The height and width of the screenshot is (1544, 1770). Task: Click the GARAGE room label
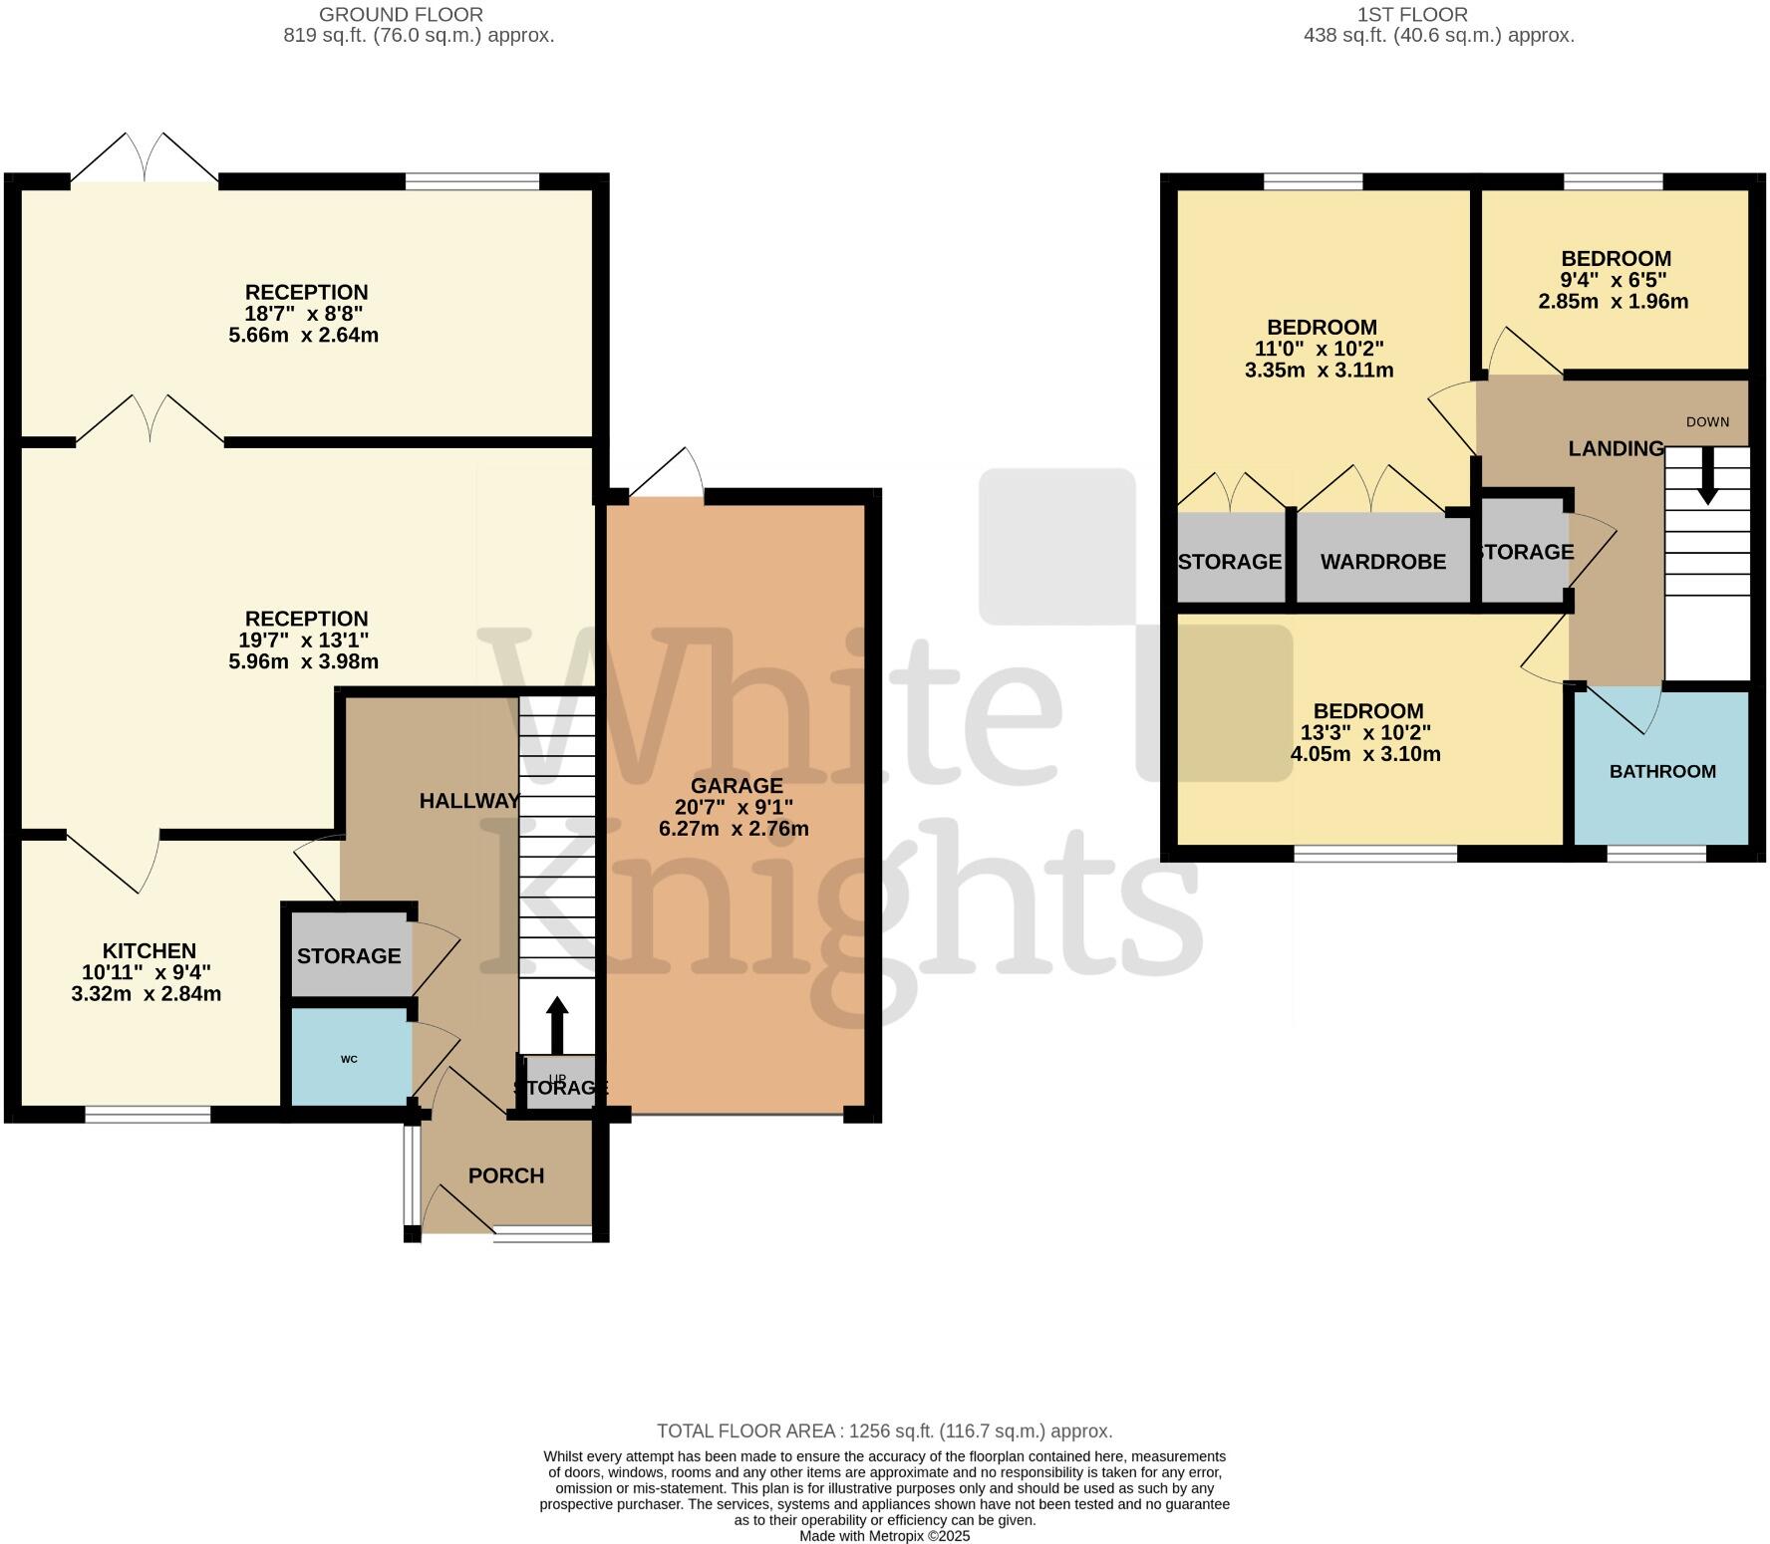tap(737, 786)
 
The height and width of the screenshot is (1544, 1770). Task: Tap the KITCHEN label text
tap(149, 951)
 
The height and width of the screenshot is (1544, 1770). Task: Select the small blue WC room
tap(350, 1058)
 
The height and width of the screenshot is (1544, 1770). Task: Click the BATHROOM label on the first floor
tap(1662, 771)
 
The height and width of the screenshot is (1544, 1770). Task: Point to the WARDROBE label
tap(1382, 562)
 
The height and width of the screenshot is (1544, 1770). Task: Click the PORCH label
tap(506, 1175)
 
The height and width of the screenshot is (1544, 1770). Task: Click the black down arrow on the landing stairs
tap(1707, 476)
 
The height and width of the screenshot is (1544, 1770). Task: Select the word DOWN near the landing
tap(1707, 421)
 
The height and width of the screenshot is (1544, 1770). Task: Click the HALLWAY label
tap(469, 801)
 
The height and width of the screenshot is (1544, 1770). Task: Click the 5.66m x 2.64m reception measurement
tap(303, 335)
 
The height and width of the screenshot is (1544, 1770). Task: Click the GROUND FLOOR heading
tap(401, 15)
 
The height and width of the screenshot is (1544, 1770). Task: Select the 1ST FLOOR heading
tap(1411, 15)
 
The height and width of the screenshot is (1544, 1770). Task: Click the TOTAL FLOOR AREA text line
tap(884, 1431)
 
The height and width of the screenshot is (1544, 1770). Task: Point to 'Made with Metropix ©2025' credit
tap(884, 1536)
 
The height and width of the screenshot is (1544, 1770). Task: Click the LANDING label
tap(1616, 448)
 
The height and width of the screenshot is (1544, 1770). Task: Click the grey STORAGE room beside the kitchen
tap(349, 955)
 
